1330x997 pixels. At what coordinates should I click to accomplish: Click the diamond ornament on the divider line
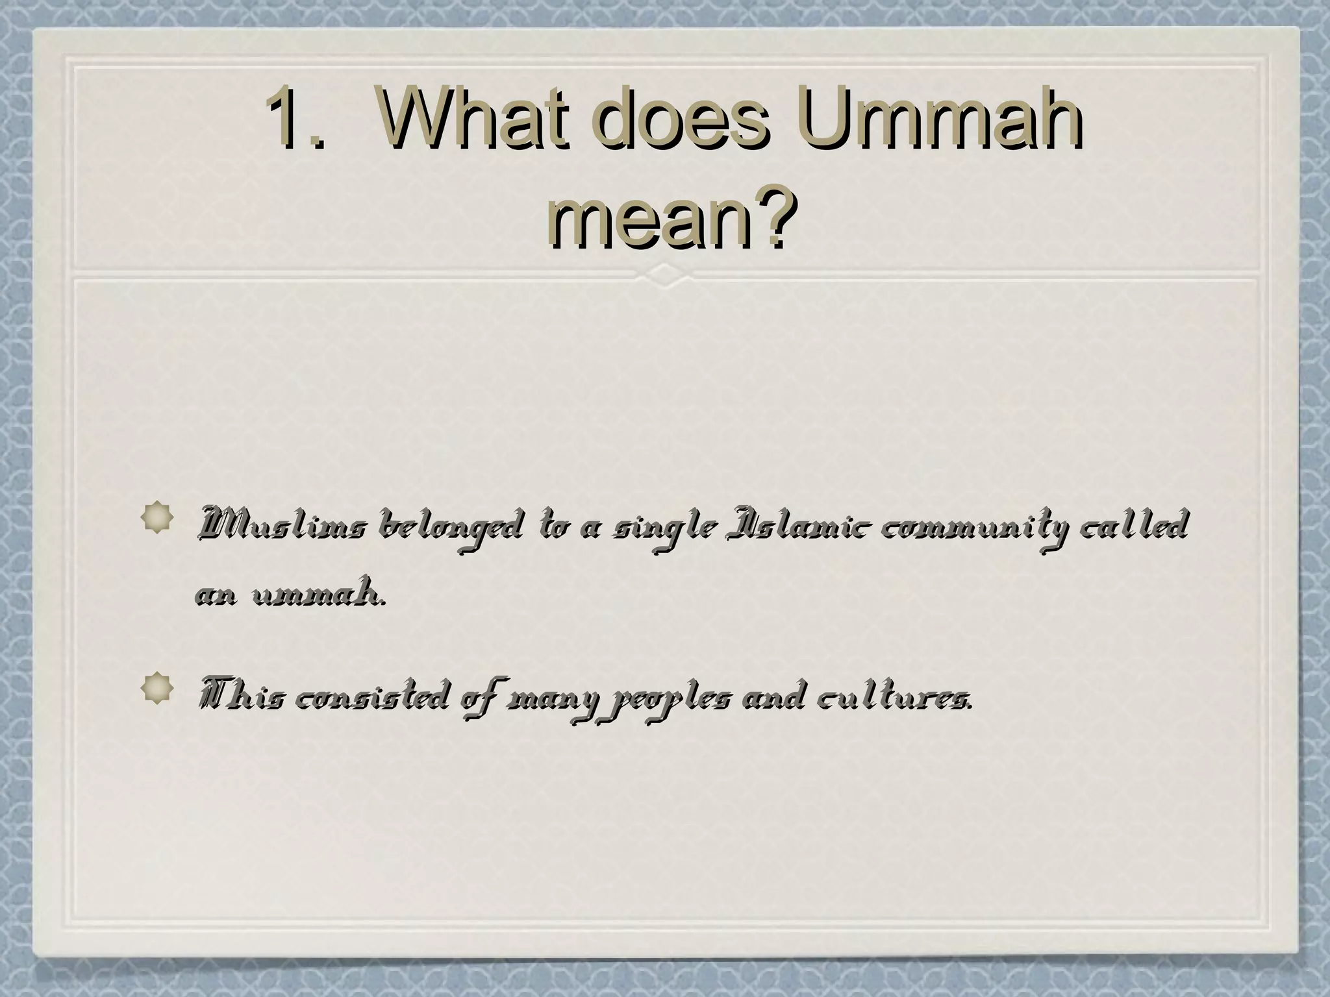click(x=664, y=275)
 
